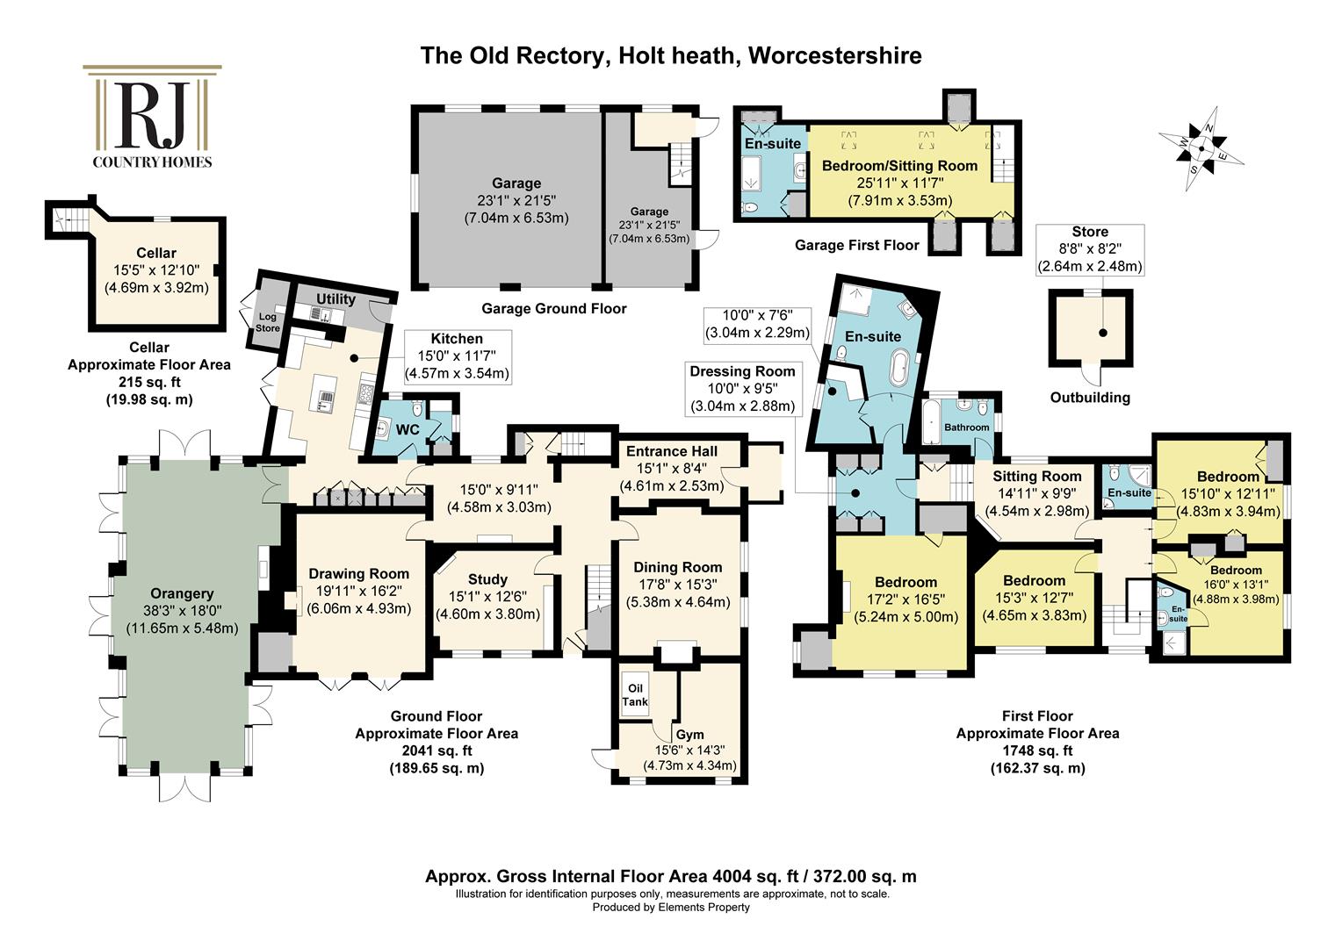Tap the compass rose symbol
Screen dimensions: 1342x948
click(x=1201, y=148)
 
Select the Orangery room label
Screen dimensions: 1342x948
click(x=182, y=593)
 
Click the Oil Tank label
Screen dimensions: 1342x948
click(x=635, y=695)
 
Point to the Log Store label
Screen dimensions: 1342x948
click(x=267, y=322)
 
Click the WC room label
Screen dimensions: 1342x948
click(x=408, y=430)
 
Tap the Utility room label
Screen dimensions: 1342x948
click(x=335, y=298)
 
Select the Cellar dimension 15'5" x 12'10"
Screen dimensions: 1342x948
click(x=156, y=270)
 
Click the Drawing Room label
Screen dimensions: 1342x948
click(x=359, y=574)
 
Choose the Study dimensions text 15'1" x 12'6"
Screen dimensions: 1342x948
click(x=487, y=597)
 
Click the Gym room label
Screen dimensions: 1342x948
click(x=690, y=735)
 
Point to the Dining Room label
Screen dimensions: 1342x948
click(x=678, y=567)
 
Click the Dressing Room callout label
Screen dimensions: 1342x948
click(x=742, y=371)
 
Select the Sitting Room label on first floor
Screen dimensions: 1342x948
click(x=1037, y=476)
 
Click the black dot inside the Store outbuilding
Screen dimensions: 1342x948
click(x=1103, y=333)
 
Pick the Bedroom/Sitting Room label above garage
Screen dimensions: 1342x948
click(x=900, y=166)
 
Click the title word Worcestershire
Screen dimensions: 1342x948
click(x=835, y=55)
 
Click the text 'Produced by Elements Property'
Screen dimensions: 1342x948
click(x=671, y=908)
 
